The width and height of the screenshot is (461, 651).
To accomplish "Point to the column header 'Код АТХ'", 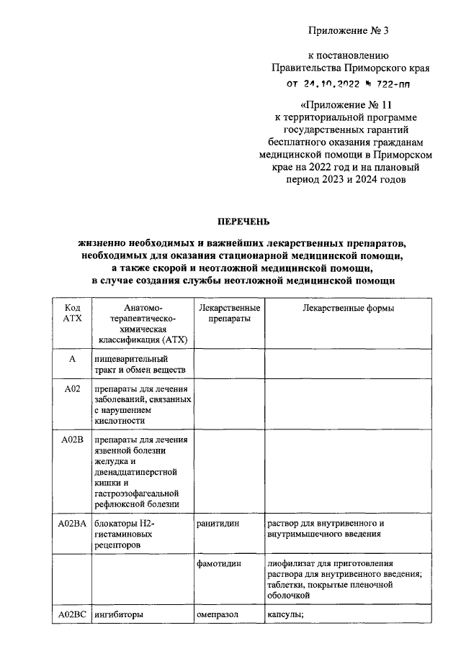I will [x=73, y=314].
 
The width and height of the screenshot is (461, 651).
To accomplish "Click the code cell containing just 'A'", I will [x=72, y=358].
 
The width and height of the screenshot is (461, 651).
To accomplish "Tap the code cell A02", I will [x=72, y=389].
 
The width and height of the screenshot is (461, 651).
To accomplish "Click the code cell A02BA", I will [x=72, y=524].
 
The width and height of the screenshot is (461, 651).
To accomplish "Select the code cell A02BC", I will [x=72, y=615].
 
